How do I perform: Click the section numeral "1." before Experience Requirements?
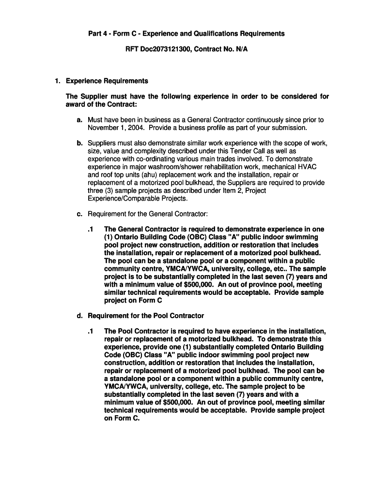tap(57, 81)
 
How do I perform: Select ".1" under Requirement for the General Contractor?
tap(91, 229)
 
